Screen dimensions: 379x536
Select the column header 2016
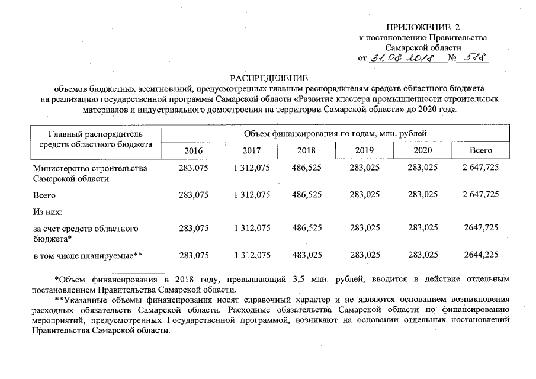(x=194, y=151)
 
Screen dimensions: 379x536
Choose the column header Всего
(x=480, y=151)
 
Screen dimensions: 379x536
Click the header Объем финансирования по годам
(x=335, y=133)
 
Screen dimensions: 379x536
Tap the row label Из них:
(x=47, y=211)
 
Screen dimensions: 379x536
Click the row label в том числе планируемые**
(x=88, y=255)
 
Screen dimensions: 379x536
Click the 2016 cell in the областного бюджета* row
(x=194, y=227)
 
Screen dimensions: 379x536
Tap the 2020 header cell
(x=422, y=151)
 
